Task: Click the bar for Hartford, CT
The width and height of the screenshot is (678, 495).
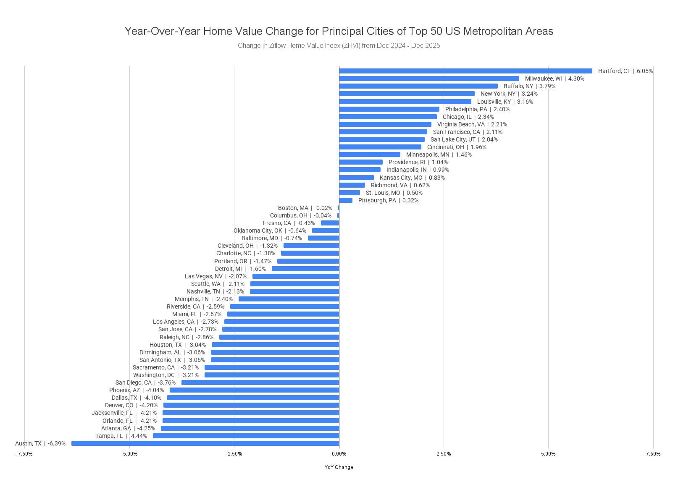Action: [x=465, y=71]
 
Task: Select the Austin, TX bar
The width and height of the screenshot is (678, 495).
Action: [x=205, y=443]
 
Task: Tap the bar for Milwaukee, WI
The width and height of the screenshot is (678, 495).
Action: [x=429, y=79]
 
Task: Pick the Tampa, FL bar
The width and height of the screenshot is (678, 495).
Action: [x=246, y=436]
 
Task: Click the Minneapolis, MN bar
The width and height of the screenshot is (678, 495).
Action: [x=370, y=155]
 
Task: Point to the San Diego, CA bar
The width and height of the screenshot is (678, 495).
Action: [x=260, y=382]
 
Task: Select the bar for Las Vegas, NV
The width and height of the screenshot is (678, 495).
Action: [x=296, y=276]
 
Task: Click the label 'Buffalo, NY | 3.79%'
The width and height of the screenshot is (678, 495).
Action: [x=529, y=86]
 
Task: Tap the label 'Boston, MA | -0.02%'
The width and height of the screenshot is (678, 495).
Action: [x=305, y=208]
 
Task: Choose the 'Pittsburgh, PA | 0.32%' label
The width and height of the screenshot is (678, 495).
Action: [x=388, y=200]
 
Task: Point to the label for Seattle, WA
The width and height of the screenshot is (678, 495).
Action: [x=218, y=284]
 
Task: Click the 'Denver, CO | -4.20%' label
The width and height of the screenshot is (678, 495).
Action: [x=131, y=405]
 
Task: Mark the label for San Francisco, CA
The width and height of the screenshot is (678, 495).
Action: [x=468, y=132]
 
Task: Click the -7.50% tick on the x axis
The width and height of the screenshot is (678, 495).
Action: [x=24, y=454]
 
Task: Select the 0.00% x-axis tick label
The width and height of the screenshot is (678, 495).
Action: [x=339, y=454]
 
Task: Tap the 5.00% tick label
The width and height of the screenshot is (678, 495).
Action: [x=548, y=454]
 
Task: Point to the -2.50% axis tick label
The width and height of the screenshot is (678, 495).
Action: [x=234, y=454]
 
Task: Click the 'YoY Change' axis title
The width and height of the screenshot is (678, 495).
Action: [x=339, y=467]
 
